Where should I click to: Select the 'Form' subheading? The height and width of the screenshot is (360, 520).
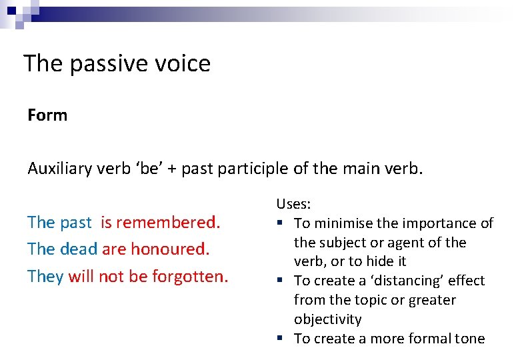click(47, 115)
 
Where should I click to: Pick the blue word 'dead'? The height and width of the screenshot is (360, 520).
click(79, 249)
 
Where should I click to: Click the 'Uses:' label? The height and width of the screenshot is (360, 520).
click(293, 204)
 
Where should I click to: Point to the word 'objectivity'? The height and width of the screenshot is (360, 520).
click(328, 319)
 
